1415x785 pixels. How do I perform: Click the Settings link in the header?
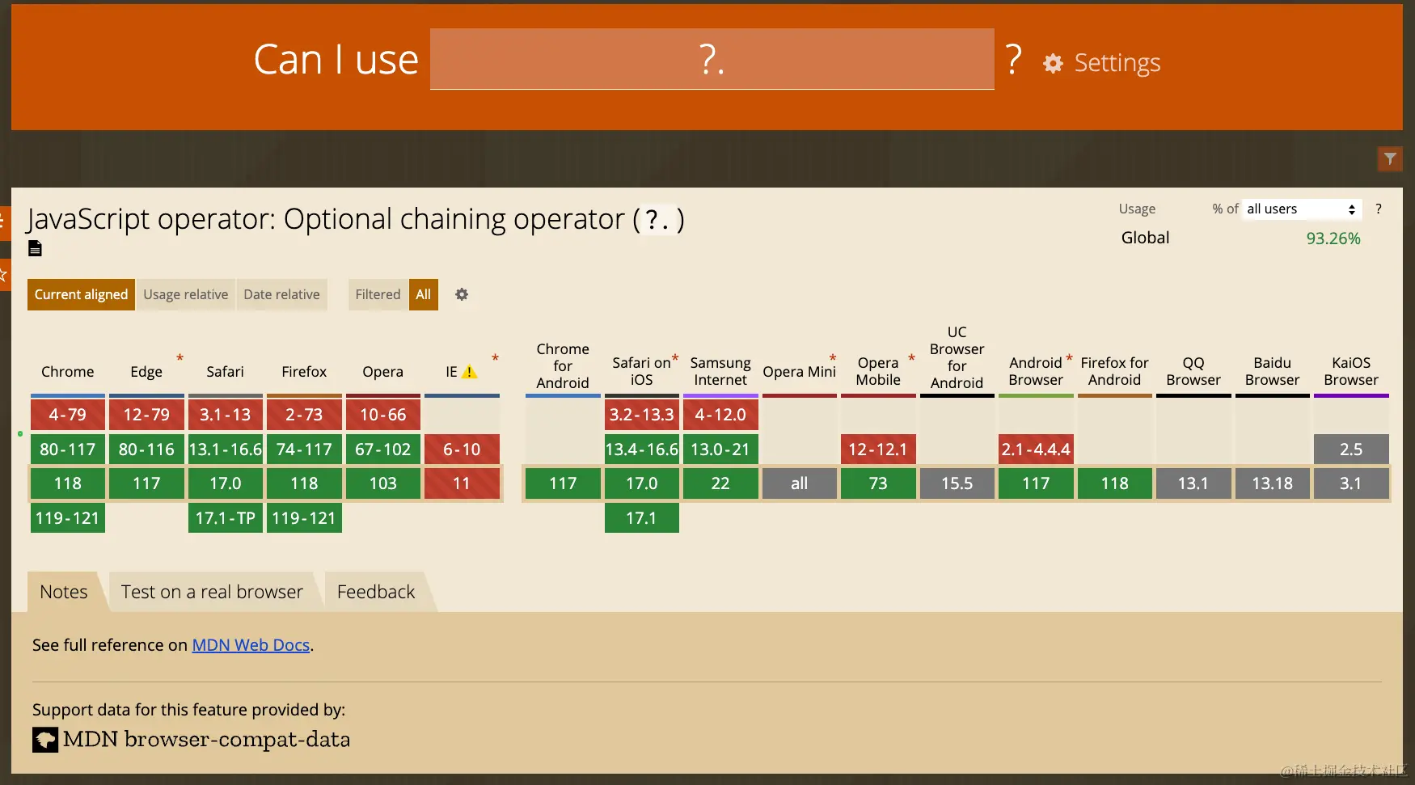(x=1102, y=63)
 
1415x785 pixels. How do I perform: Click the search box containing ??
(x=712, y=59)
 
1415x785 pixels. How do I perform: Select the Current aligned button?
(x=81, y=294)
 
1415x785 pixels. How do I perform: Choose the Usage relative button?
(x=186, y=294)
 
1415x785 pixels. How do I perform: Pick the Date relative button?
(x=281, y=294)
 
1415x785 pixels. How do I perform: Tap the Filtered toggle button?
(x=378, y=294)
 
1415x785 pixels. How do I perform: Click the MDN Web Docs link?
(x=251, y=645)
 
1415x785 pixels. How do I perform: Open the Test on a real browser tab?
(x=212, y=592)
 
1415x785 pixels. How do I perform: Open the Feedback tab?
(x=376, y=592)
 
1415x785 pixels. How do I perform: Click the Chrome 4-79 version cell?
(x=68, y=415)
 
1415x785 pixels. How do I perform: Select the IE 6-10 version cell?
(x=462, y=449)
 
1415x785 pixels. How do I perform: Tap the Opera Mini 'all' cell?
(x=799, y=483)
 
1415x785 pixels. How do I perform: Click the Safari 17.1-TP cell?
(x=226, y=518)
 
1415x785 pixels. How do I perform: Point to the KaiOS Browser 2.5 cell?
(x=1351, y=449)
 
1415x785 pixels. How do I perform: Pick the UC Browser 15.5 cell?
(x=957, y=483)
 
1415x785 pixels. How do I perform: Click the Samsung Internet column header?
(x=720, y=371)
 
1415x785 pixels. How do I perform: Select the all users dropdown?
(x=1302, y=209)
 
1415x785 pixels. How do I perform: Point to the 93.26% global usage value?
(x=1333, y=238)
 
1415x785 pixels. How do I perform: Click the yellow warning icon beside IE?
(x=469, y=372)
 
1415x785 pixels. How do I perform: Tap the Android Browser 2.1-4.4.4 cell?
(x=1036, y=449)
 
